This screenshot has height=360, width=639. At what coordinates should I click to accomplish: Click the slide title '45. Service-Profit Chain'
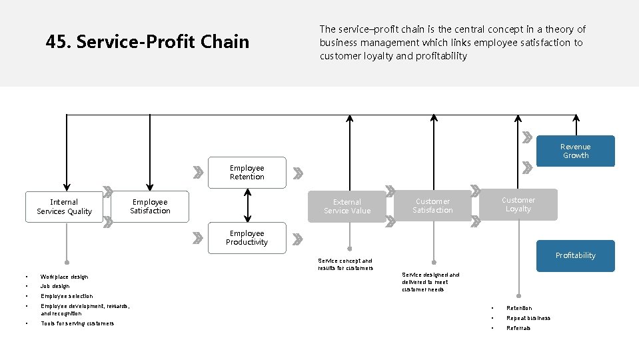[x=147, y=42]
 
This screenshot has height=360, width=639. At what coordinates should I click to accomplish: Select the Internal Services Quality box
[x=65, y=207]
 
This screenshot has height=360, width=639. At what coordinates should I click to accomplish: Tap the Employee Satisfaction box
[x=150, y=207]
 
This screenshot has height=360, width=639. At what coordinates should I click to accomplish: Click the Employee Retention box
[x=247, y=173]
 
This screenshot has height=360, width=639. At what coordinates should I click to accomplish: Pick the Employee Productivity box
[x=247, y=238]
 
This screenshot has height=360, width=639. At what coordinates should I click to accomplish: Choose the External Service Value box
[x=347, y=207]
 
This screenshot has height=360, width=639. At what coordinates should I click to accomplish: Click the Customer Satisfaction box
[x=432, y=206]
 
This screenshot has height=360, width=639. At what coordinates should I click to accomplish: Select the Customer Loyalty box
[x=518, y=205]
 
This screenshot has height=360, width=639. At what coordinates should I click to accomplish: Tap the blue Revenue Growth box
[x=575, y=151]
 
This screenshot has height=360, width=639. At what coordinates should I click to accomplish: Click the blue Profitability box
[x=575, y=255]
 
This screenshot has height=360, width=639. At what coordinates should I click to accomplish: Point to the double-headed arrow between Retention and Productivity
[x=247, y=205]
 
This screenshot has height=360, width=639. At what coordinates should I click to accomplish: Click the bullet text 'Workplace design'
[x=64, y=277]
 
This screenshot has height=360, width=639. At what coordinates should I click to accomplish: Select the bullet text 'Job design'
[x=55, y=286]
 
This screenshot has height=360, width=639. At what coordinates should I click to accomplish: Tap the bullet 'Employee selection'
[x=67, y=296]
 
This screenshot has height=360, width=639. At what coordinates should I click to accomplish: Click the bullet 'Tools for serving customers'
[x=77, y=323]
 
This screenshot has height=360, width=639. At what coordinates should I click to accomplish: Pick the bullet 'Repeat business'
[x=528, y=318]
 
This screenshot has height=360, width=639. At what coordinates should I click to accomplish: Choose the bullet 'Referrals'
[x=518, y=328]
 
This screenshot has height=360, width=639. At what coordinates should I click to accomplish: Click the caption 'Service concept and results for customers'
[x=345, y=265]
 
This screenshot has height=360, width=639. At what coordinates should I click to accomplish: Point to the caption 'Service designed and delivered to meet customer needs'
[x=430, y=282]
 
